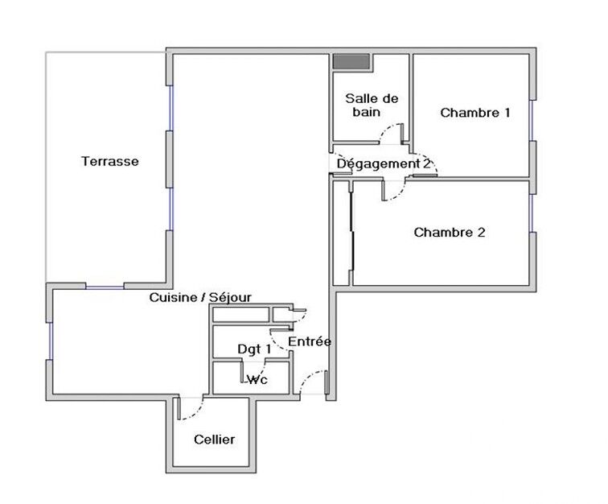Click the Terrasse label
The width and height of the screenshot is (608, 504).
109,161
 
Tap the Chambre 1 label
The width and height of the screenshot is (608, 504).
475,113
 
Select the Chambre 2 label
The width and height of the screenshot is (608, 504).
450,232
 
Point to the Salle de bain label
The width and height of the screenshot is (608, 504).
372,105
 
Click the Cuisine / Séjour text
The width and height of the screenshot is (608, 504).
200,297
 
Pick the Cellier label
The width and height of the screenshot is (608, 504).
214,440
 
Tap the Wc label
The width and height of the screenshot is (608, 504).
257,379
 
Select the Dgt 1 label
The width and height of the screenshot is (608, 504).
254,349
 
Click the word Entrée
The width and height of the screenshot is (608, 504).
310,341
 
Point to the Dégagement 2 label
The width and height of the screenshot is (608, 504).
384,164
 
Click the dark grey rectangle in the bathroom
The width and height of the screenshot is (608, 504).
351,62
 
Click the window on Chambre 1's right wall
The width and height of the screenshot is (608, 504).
532,121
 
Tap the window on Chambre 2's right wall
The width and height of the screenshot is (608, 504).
532,213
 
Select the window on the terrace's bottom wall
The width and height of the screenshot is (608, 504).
105,287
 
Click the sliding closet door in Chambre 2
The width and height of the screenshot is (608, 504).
352,230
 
